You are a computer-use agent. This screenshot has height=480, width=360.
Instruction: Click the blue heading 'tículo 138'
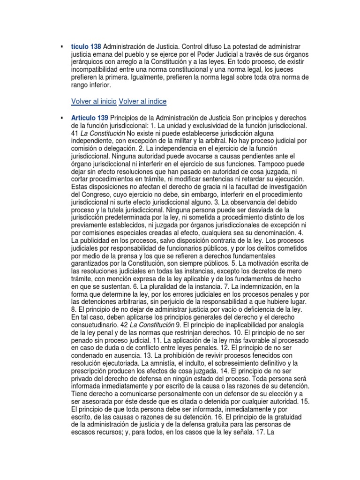[86, 47]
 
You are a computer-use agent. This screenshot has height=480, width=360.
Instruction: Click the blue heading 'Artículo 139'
[90, 117]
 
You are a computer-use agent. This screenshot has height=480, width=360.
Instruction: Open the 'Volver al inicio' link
[94, 102]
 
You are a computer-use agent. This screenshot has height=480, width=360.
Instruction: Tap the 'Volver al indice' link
[142, 102]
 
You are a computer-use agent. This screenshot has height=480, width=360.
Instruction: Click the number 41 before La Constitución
[75, 134]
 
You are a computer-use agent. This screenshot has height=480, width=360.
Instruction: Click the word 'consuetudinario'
[95, 325]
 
